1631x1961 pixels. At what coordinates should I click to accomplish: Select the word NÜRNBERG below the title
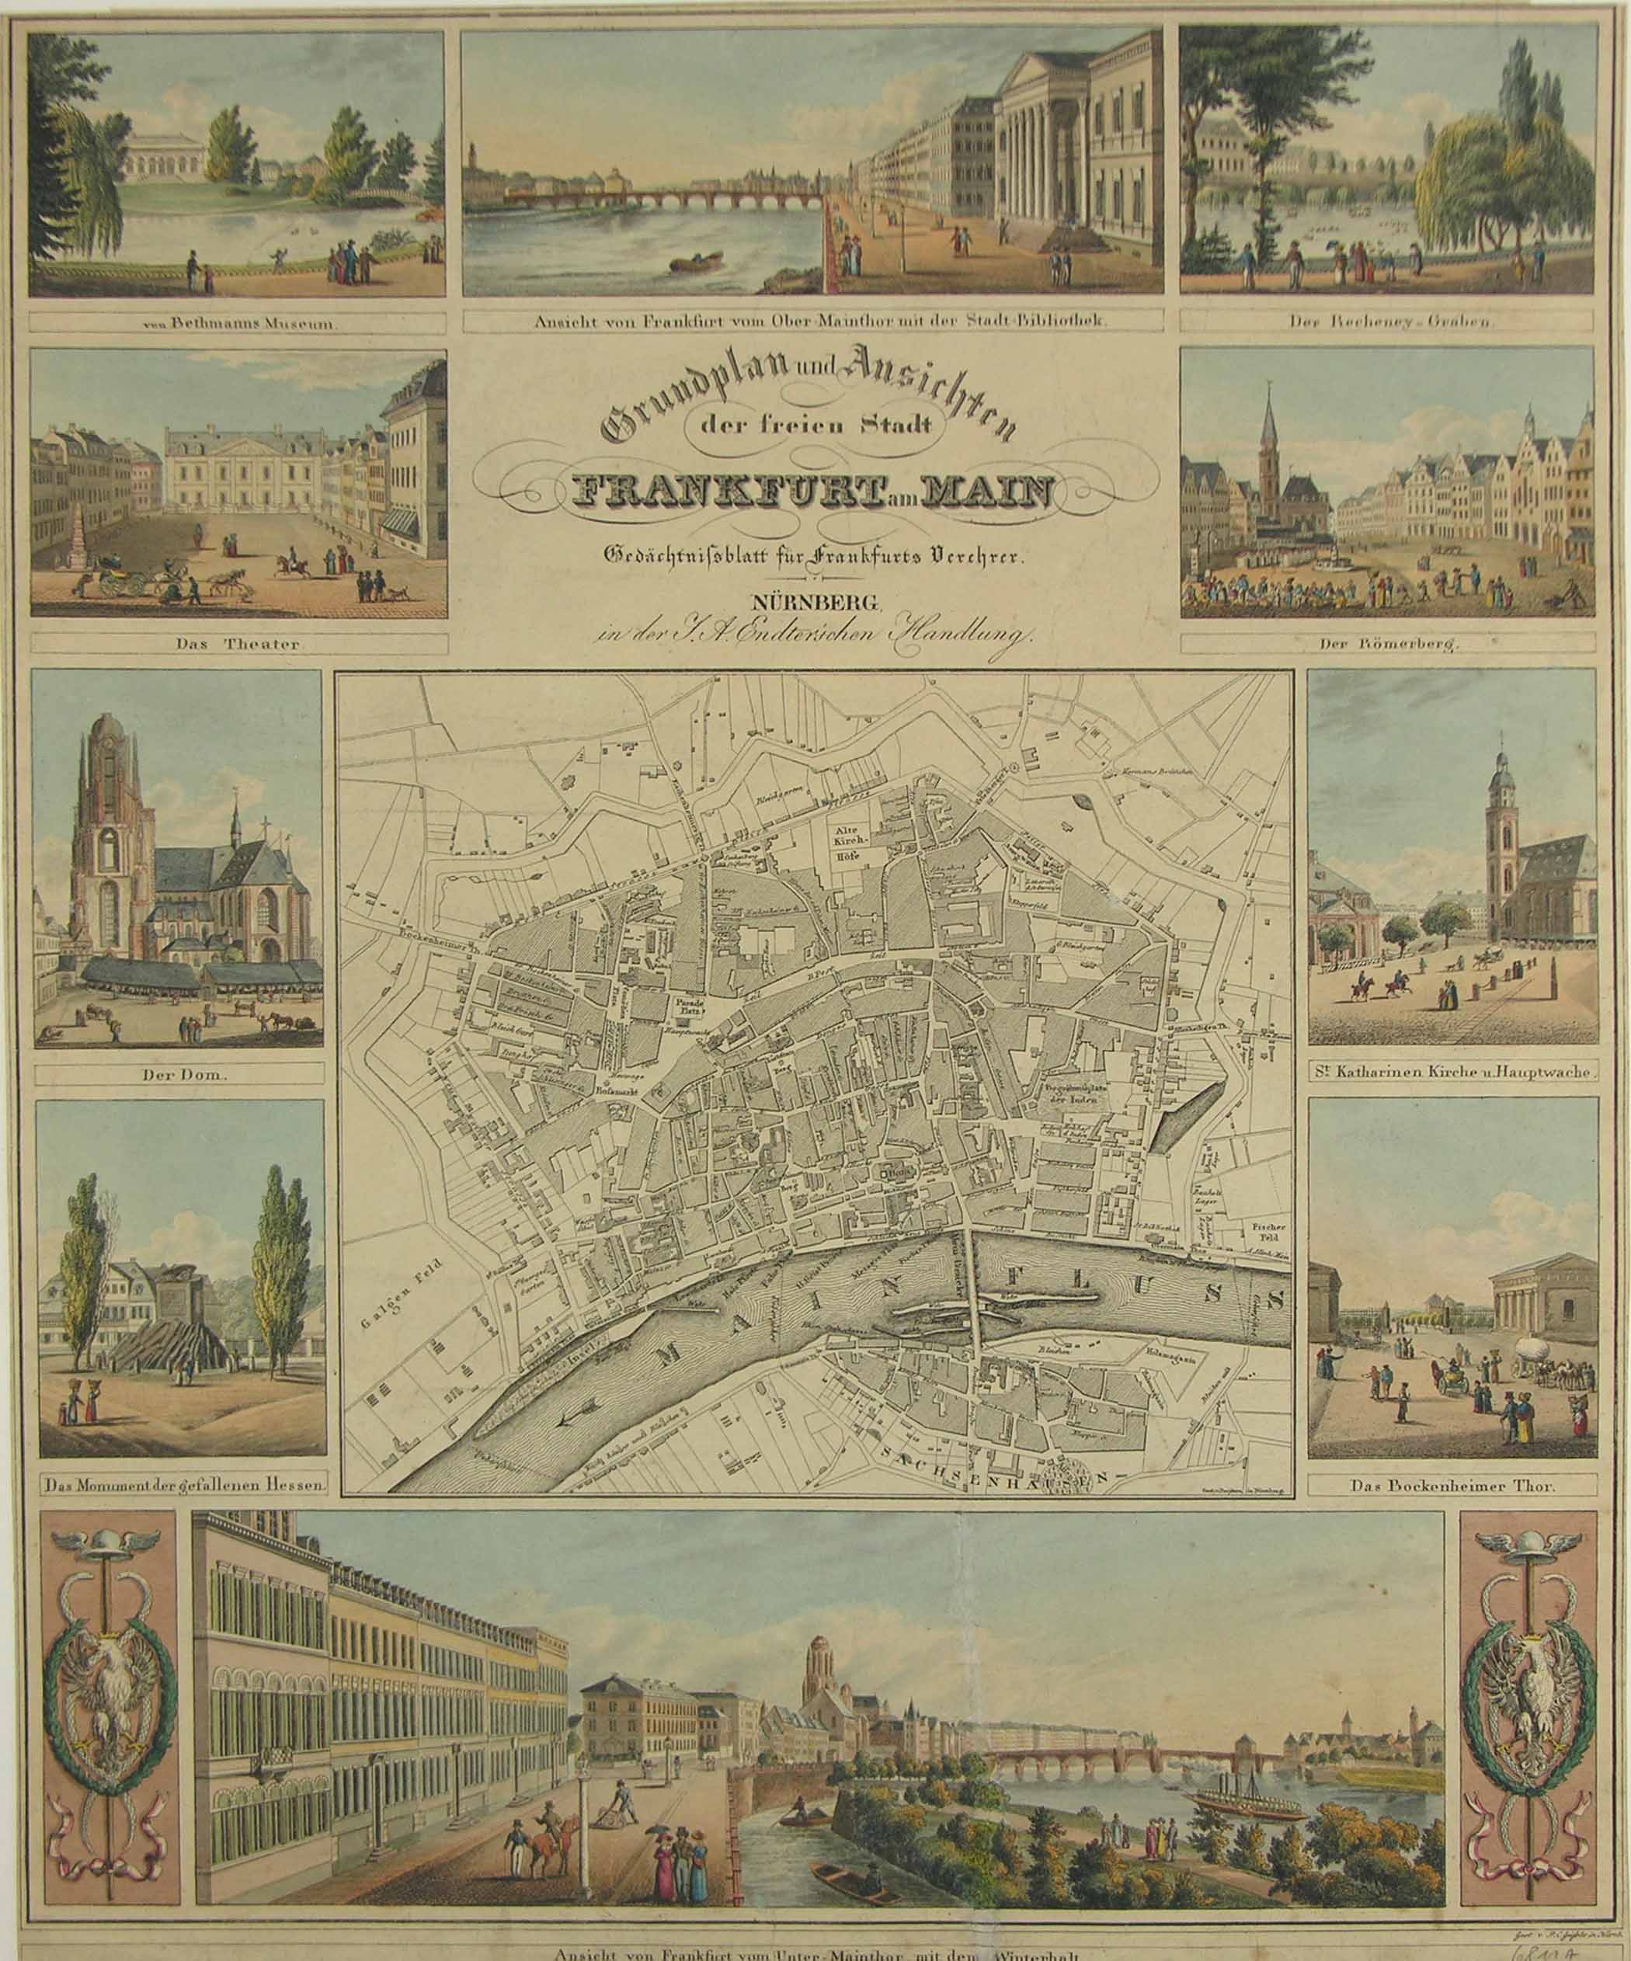coord(814,598)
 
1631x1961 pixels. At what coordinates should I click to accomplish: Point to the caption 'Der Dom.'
coord(179,1075)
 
